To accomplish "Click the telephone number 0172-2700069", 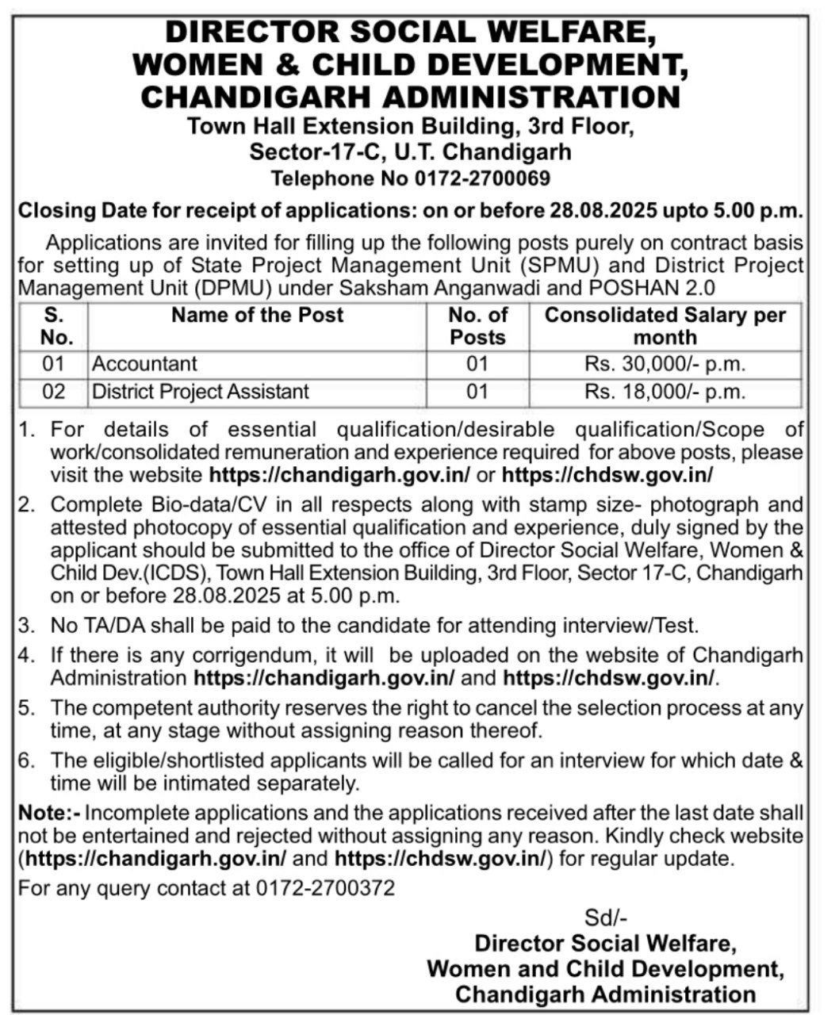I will [x=482, y=179].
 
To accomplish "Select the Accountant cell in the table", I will [x=144, y=364].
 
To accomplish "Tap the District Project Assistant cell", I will [x=201, y=391].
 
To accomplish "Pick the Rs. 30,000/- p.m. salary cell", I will [x=665, y=364].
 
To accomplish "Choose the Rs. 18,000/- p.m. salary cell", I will [x=665, y=391].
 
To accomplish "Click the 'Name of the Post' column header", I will [x=257, y=315].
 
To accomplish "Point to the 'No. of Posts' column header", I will [x=477, y=326].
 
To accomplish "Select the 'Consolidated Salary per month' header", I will [x=665, y=326].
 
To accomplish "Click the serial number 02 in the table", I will [x=53, y=391].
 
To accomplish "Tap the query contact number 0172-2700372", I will [x=325, y=888].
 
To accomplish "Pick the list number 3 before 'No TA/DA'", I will [x=28, y=626].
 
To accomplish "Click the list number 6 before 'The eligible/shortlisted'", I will [x=28, y=760].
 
